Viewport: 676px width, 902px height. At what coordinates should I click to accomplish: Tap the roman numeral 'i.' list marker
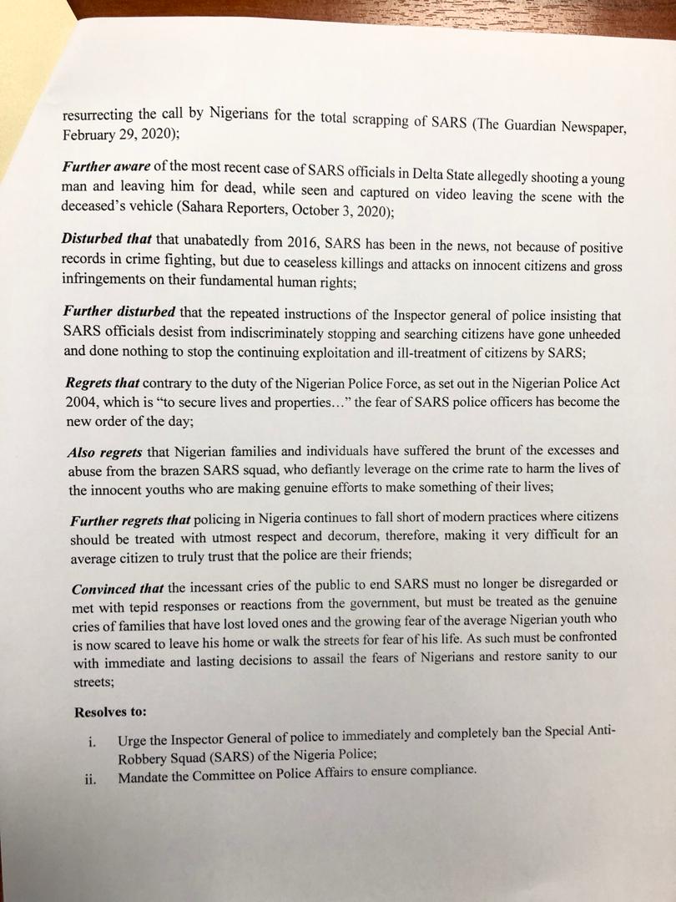(x=93, y=740)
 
